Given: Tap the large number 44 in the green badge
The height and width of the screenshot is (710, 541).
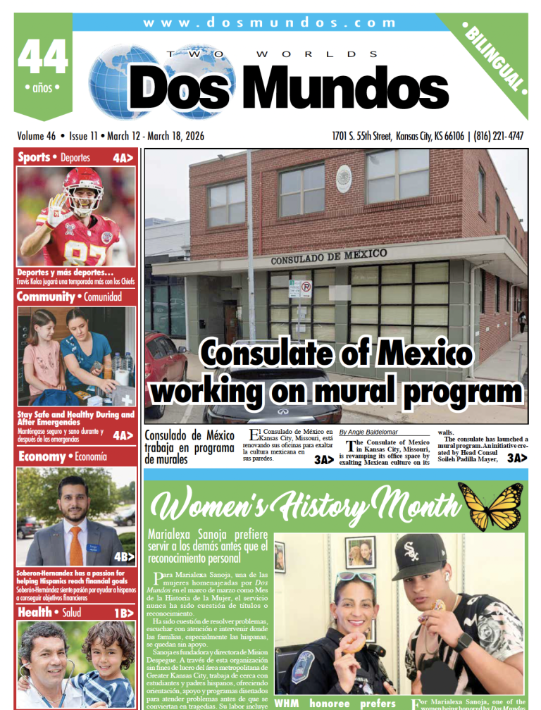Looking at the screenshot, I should pos(43,58).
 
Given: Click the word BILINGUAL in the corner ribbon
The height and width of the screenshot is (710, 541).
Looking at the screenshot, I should pos(495,58).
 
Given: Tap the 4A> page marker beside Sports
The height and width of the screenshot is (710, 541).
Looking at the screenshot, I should pos(123,158).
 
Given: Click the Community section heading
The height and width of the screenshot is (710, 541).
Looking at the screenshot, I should pos(46,297).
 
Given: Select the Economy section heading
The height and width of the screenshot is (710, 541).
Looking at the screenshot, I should pos(42,457).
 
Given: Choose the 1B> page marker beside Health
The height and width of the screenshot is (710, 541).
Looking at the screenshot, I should pos(123,613).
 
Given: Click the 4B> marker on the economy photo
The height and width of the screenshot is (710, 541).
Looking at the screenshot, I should pos(124,556).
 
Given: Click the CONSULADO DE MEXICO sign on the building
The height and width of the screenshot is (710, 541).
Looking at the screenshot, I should pos(328,256).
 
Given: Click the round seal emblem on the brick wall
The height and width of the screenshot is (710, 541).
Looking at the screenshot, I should pos(344,174).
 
